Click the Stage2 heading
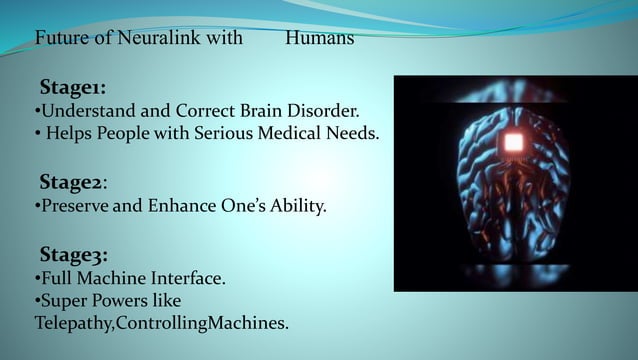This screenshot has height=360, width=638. [72, 182]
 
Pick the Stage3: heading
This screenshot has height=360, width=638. [73, 254]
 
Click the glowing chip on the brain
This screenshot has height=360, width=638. [513, 142]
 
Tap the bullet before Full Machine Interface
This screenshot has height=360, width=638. [37, 278]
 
